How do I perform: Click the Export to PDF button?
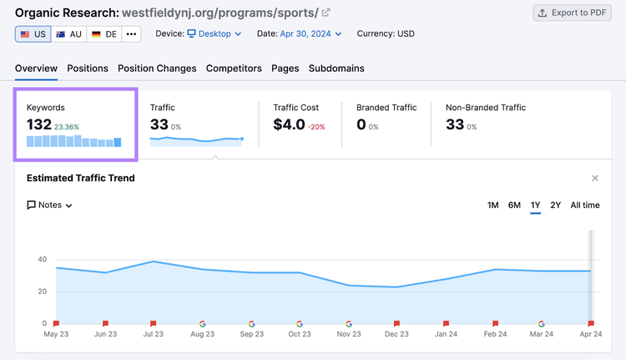tap(572, 13)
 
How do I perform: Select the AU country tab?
tap(68, 34)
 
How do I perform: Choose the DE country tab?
tap(103, 34)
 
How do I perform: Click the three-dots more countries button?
tap(131, 34)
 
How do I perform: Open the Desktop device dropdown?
tap(215, 34)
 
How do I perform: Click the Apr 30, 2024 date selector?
tap(310, 34)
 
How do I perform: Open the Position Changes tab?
tap(157, 68)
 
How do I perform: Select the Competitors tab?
tap(234, 68)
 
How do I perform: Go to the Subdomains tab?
tap(336, 68)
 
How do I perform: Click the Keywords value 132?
tap(39, 124)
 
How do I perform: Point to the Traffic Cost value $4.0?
tap(289, 124)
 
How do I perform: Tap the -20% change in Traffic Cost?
tap(316, 127)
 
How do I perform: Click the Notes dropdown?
tap(49, 205)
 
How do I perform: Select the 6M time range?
tap(514, 205)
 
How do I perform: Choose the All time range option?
tap(585, 205)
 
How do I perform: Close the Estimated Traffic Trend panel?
tap(595, 178)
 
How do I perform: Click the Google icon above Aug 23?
tap(203, 323)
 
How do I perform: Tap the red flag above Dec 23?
tap(396, 323)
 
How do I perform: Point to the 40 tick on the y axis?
tap(43, 259)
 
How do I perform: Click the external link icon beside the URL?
tap(326, 13)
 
